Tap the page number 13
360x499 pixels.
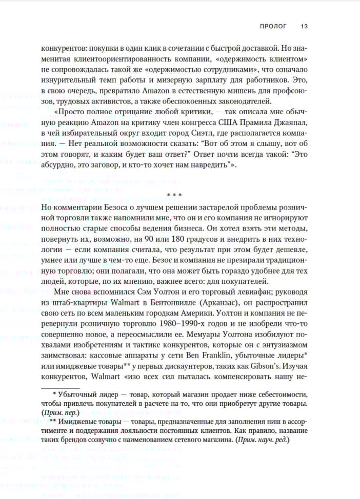[x=304, y=26]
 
